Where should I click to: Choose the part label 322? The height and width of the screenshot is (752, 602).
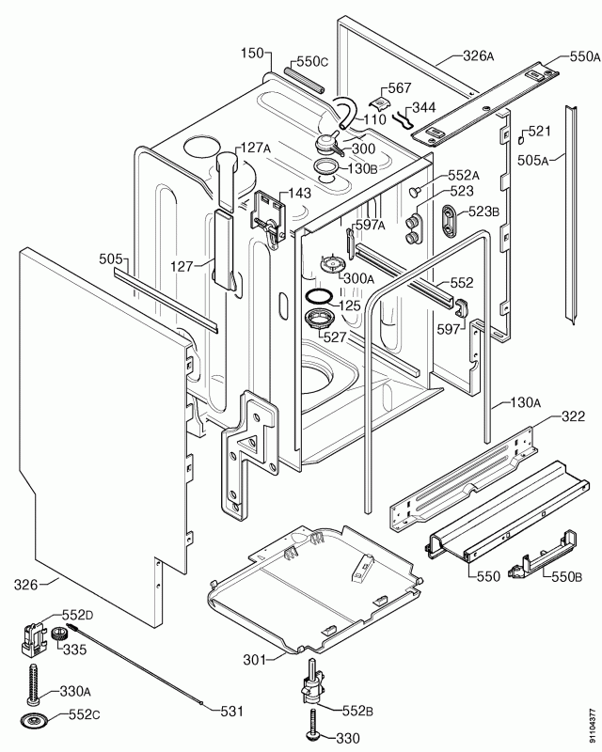click(573, 416)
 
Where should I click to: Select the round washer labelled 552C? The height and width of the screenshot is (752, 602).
click(36, 722)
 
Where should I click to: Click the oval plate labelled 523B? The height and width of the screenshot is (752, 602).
click(446, 222)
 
